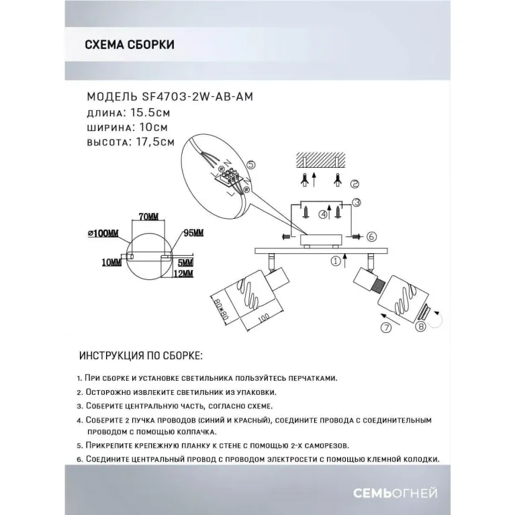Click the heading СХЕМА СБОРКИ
(x=130, y=45)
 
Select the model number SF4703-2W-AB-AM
(x=197, y=97)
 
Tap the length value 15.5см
(x=150, y=113)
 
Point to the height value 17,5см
(x=155, y=142)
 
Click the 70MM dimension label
(x=148, y=217)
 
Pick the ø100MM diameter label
(x=103, y=234)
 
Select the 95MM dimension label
(x=193, y=233)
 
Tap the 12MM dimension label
(x=183, y=273)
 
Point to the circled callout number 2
(x=355, y=184)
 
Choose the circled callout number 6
(x=371, y=236)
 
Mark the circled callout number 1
(x=335, y=261)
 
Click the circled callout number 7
(x=386, y=327)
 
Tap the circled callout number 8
(x=421, y=326)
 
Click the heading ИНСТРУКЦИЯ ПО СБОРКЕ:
(x=141, y=355)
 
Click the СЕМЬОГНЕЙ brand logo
(x=395, y=493)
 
